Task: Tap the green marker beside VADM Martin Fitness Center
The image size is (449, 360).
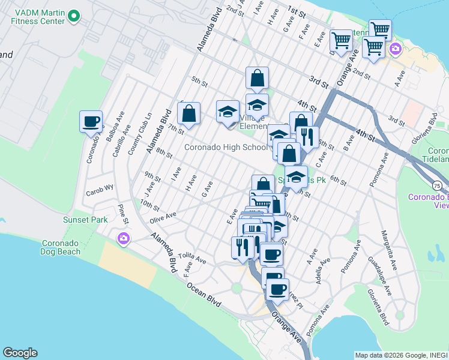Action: pos(74,16)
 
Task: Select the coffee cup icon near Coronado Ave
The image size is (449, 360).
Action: pos(91,122)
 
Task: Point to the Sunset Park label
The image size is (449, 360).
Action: pos(85,220)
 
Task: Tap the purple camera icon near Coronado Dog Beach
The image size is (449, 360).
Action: pos(124,239)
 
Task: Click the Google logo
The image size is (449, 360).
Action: pos(20,353)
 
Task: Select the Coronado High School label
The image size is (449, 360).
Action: pos(226,147)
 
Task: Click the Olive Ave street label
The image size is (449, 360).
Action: pos(163,215)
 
